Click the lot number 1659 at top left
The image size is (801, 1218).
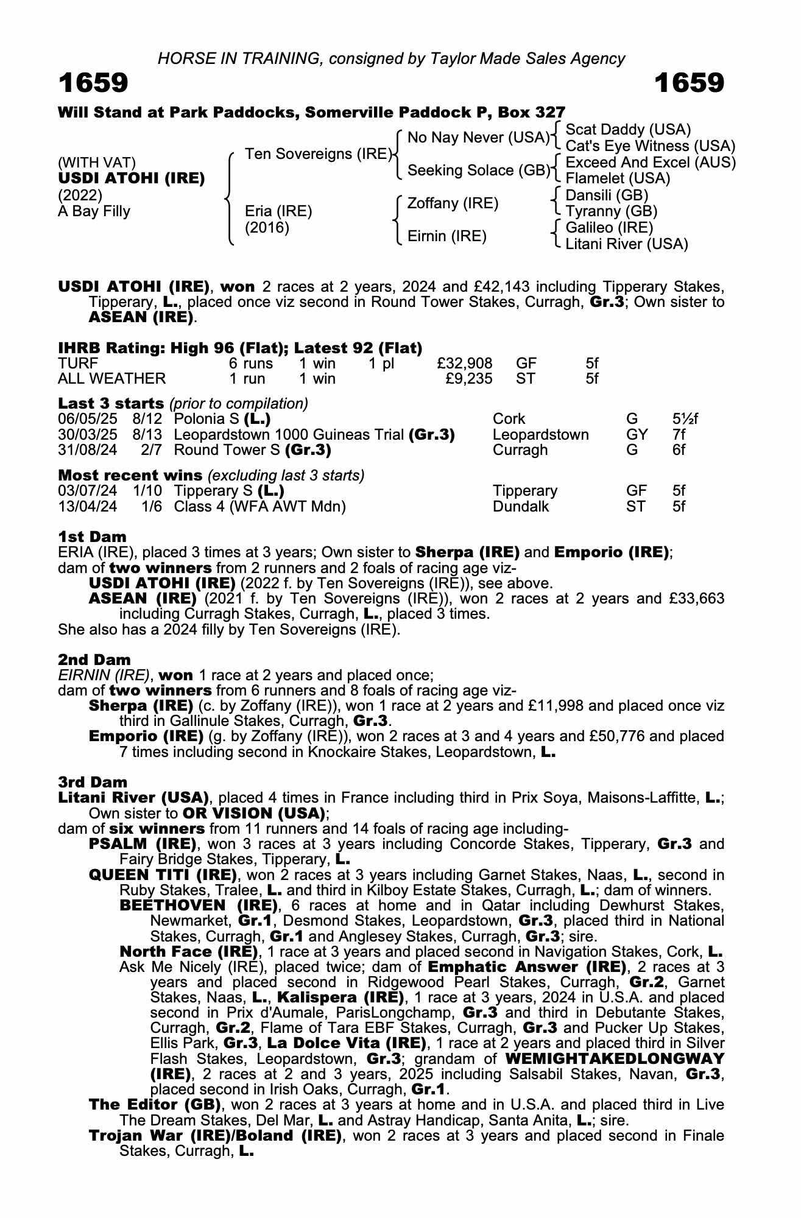[93, 83]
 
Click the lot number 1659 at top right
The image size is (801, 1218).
[690, 83]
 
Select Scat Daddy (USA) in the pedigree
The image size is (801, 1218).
[628, 130]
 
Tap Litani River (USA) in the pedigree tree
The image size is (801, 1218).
[627, 244]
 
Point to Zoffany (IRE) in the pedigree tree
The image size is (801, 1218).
[453, 203]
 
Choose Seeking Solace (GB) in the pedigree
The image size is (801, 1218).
[478, 171]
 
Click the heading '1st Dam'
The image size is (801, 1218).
[92, 537]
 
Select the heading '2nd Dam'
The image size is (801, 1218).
[94, 660]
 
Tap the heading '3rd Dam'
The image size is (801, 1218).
[93, 782]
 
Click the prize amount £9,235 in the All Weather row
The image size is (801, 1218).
[469, 379]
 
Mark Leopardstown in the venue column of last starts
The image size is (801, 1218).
[540, 435]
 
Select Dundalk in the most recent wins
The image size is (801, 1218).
[521, 507]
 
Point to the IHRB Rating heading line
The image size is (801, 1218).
[240, 348]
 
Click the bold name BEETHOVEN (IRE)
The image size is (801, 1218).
[199, 906]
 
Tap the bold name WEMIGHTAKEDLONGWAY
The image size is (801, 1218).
[615, 1059]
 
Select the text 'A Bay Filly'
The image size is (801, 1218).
[94, 211]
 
